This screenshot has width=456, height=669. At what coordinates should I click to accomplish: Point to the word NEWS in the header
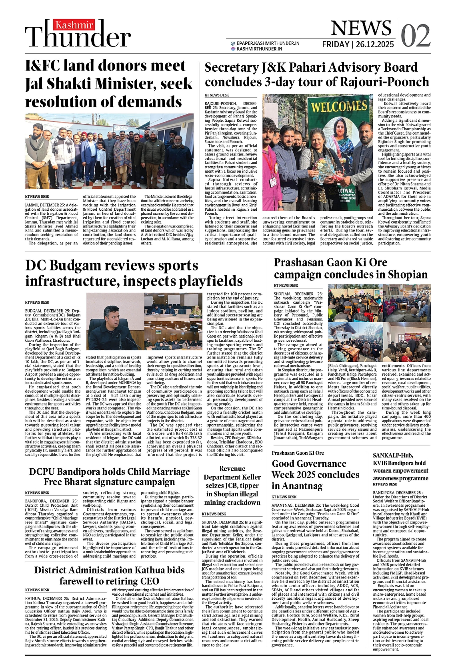coord(361,28)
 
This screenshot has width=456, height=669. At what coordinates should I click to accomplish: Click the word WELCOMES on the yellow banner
coord(339,107)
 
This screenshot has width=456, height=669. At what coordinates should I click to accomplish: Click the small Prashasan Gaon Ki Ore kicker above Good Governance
coord(298,453)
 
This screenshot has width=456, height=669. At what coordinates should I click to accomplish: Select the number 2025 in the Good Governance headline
coord(325,475)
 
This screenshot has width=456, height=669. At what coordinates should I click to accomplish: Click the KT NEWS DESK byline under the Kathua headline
coord(37,590)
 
